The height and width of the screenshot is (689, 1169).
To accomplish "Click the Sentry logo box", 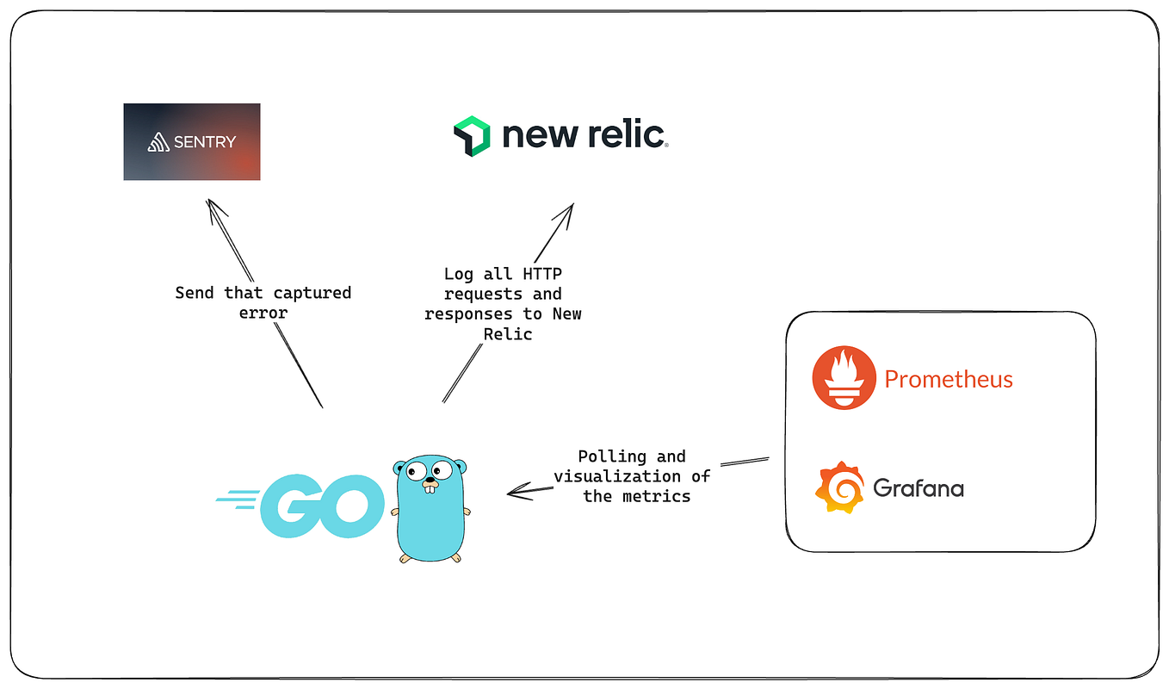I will [x=191, y=142].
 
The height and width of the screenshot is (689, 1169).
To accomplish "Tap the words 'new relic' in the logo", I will [x=584, y=135].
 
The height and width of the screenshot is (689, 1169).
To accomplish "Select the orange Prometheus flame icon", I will [x=844, y=378].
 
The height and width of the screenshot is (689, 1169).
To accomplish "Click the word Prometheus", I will [x=949, y=379].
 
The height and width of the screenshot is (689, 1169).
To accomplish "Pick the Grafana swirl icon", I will [x=839, y=487].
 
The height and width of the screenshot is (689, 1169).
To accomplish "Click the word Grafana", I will [x=918, y=488].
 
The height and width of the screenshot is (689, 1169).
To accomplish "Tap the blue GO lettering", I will [x=322, y=506].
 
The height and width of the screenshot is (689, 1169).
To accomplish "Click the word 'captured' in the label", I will [x=312, y=293].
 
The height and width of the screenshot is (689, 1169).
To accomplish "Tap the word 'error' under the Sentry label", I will [x=263, y=313].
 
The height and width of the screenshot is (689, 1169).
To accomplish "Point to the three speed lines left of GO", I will [x=239, y=500].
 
